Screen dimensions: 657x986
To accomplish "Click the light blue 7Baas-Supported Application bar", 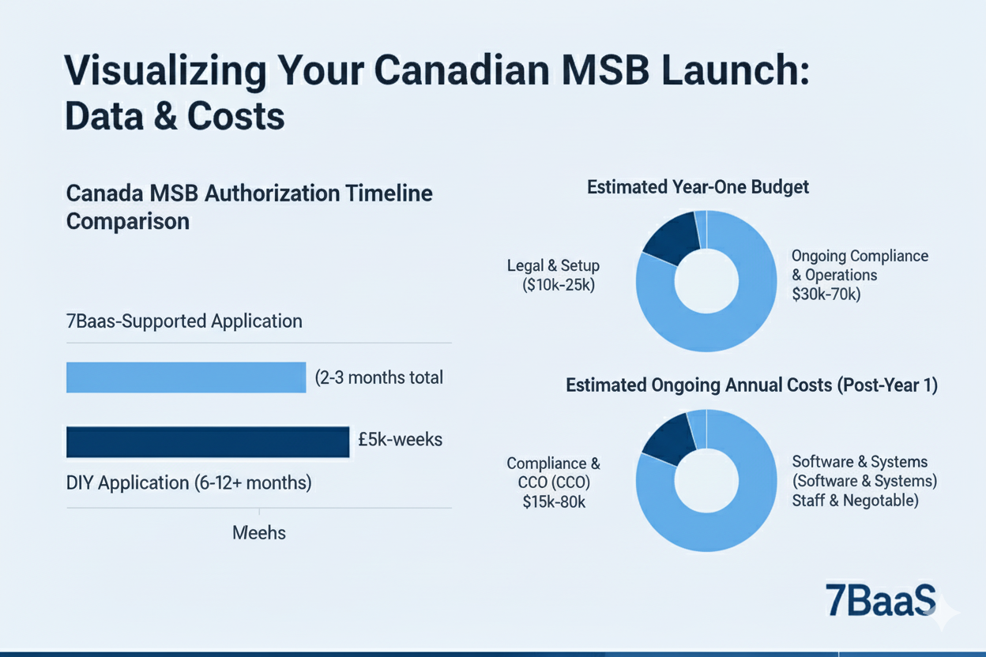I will click(186, 377).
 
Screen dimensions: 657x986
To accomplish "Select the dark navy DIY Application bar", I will click(208, 441).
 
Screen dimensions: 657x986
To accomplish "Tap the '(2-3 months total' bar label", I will click(379, 377).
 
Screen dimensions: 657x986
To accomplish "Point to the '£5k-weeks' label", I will click(400, 440).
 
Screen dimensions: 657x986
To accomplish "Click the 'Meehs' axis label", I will click(259, 533).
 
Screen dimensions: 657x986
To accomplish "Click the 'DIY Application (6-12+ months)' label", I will click(189, 482).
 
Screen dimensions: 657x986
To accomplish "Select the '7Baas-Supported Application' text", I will click(184, 321).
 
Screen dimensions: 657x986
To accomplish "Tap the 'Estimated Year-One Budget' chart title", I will click(698, 187).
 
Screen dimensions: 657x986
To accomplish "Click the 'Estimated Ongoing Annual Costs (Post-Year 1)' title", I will click(751, 385).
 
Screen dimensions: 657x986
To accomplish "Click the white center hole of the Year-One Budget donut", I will click(706, 281).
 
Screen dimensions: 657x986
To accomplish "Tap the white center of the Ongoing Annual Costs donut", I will click(706, 479).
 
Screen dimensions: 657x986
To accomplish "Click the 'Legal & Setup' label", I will click(553, 266).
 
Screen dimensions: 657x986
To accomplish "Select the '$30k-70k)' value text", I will click(826, 295).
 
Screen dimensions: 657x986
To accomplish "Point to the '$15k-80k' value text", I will click(554, 501).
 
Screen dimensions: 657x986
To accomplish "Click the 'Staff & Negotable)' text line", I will click(855, 500).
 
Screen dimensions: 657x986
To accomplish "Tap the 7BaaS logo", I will click(879, 601).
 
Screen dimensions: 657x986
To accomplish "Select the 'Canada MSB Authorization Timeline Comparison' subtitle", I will click(249, 207).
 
